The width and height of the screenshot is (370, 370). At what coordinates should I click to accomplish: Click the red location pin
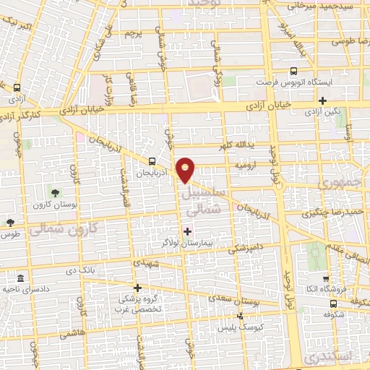(186, 169)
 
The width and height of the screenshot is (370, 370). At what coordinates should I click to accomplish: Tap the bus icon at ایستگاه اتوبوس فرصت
(293, 72)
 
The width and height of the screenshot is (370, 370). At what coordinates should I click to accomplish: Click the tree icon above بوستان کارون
(55, 192)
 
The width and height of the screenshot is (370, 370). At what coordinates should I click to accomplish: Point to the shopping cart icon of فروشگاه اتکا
(325, 277)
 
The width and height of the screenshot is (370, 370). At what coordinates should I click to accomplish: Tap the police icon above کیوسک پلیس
(240, 316)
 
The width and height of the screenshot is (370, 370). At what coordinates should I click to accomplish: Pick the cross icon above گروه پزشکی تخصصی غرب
(137, 287)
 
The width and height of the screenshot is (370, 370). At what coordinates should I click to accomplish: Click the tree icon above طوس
(9, 223)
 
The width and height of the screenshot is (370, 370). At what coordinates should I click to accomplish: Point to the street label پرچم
(134, 34)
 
